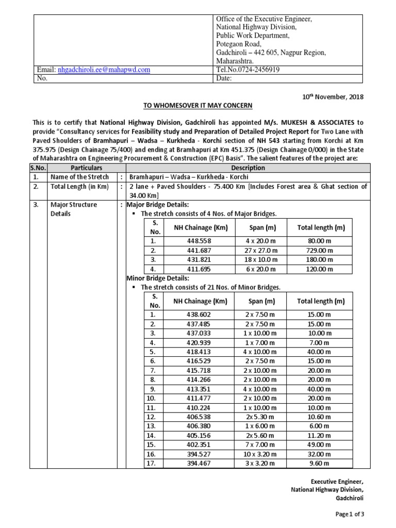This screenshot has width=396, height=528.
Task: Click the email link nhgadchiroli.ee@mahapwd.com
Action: [x=104, y=69]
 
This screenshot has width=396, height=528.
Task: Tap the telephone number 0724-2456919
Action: [x=248, y=69]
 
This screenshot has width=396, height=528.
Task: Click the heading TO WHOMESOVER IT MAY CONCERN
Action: [x=197, y=106]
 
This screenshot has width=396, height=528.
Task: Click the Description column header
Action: [x=247, y=168]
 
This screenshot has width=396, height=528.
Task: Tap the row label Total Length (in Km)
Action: [x=79, y=187]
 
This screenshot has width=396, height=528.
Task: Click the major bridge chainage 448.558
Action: [x=192, y=241]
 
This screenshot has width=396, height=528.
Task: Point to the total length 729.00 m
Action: [x=321, y=250]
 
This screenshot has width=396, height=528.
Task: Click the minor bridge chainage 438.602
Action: [x=192, y=315]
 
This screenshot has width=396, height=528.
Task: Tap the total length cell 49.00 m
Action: [x=321, y=444]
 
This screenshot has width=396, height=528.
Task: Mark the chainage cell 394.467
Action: [x=192, y=463]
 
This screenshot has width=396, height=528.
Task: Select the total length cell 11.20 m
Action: [x=321, y=435]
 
